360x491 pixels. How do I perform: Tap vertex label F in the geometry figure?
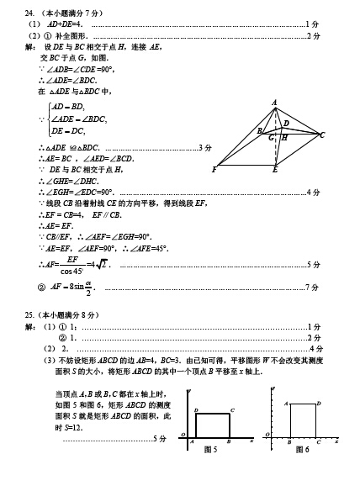(215, 170)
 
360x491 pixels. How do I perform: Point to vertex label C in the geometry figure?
(322, 135)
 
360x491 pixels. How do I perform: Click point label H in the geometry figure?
(283, 137)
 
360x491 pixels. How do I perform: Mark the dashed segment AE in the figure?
(275, 139)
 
